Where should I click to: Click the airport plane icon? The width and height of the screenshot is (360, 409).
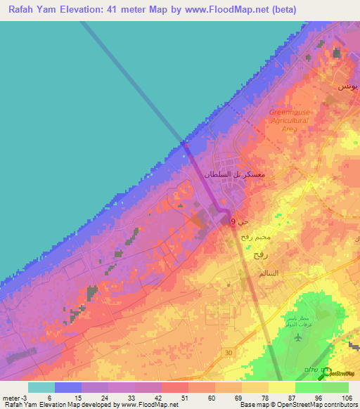pyautogui.click(x=298, y=337)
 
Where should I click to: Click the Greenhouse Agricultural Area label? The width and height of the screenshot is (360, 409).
pyautogui.click(x=289, y=120)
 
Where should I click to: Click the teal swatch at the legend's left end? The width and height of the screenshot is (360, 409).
pyautogui.click(x=41, y=387)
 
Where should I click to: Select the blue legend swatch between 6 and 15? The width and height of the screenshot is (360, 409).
pyautogui.click(x=68, y=387)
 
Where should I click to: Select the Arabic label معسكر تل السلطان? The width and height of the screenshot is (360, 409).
pyautogui.click(x=233, y=173)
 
